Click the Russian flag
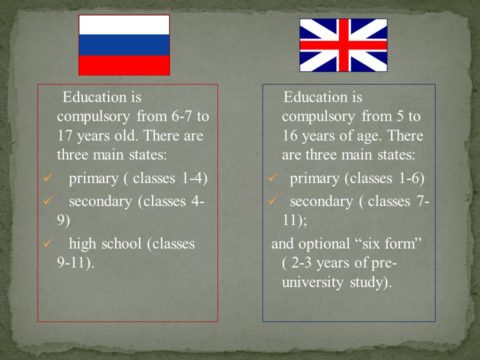[x=124, y=45]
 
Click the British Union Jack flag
[x=343, y=45]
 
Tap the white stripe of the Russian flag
[x=124, y=25]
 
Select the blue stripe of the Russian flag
[x=124, y=45]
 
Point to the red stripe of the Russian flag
[x=124, y=65]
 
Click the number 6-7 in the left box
[x=181, y=116]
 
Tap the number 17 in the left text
[x=64, y=135]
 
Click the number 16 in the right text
[x=289, y=135]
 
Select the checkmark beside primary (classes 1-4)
[x=48, y=177]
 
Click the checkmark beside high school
[x=48, y=243]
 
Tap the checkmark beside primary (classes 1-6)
[x=273, y=177]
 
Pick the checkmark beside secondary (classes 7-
[x=273, y=200]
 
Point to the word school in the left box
[x=121, y=243]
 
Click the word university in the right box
[x=312, y=282]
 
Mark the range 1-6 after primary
[x=408, y=178]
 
